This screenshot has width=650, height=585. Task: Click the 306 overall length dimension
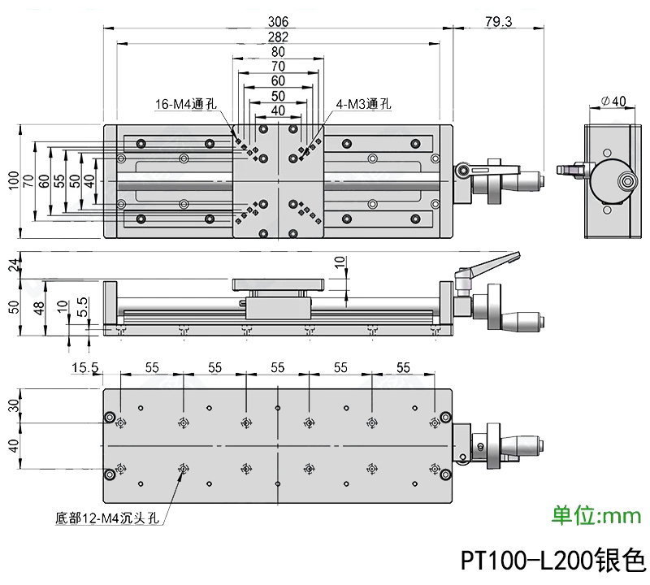coord(277,22)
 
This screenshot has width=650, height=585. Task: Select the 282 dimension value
coord(277,37)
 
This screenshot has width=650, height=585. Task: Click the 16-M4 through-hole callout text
coord(186,104)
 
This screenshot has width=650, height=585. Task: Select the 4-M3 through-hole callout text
coord(363,104)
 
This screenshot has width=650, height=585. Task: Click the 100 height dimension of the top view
coord(12,180)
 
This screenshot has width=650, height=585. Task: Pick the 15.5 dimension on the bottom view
coord(84,368)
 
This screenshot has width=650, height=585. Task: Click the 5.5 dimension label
coord(82,305)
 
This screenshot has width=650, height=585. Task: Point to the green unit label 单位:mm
coord(596,515)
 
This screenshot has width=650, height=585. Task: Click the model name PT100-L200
coord(552,561)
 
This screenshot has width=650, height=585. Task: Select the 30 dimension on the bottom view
coord(12,405)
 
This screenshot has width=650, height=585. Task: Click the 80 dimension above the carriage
coord(277,51)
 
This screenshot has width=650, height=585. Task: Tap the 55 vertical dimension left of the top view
coord(58,180)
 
